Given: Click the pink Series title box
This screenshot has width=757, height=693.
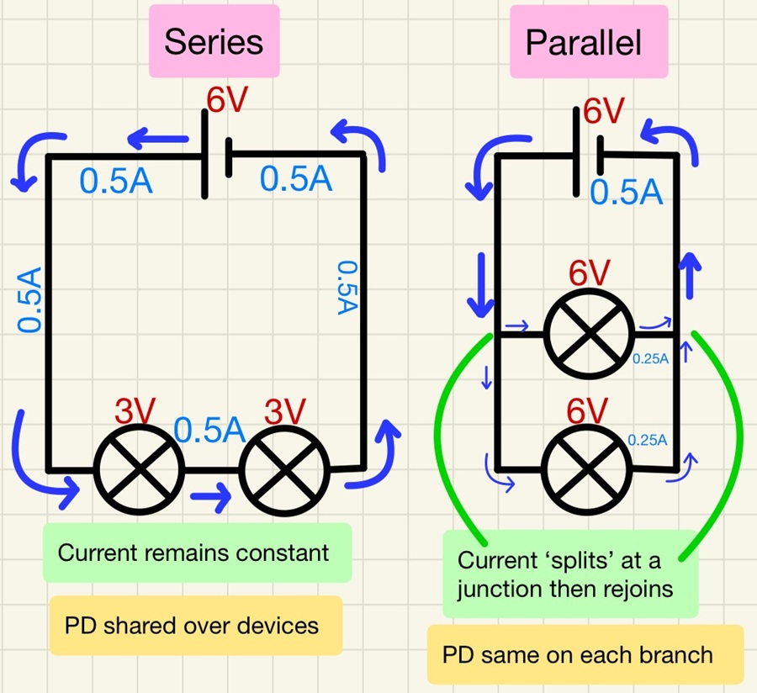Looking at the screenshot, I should point(213,41).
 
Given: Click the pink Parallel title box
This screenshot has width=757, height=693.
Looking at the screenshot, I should point(589,41).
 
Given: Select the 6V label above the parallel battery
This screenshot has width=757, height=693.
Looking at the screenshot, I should point(603,111).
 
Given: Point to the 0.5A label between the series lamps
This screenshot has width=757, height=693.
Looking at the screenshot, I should point(209,430).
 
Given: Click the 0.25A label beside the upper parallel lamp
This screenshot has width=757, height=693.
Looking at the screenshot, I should point(650,359).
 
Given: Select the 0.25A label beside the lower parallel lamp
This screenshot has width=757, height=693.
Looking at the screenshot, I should point(647,439).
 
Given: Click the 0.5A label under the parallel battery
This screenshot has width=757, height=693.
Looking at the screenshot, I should point(627,193).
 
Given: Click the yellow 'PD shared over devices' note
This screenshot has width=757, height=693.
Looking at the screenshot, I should point(195,626).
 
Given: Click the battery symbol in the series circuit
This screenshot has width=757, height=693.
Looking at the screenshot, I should point(217,156).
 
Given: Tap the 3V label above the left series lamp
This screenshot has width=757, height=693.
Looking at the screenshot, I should point(135,412).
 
